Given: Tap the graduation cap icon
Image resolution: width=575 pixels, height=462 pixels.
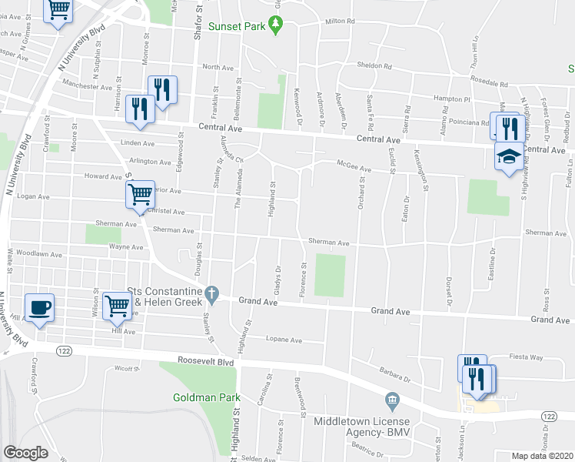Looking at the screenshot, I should (507, 158).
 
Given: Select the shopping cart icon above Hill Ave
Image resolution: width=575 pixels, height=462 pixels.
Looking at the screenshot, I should (117, 306).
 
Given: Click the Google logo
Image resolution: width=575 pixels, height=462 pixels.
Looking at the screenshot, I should (25, 452).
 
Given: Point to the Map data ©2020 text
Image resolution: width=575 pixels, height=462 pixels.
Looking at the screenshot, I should (543, 456).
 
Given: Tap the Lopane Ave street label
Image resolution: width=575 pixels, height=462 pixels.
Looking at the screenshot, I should (281, 339).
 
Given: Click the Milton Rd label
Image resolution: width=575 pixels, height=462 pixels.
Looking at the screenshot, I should (340, 22).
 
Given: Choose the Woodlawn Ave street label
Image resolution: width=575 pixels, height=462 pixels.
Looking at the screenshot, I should (38, 253).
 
